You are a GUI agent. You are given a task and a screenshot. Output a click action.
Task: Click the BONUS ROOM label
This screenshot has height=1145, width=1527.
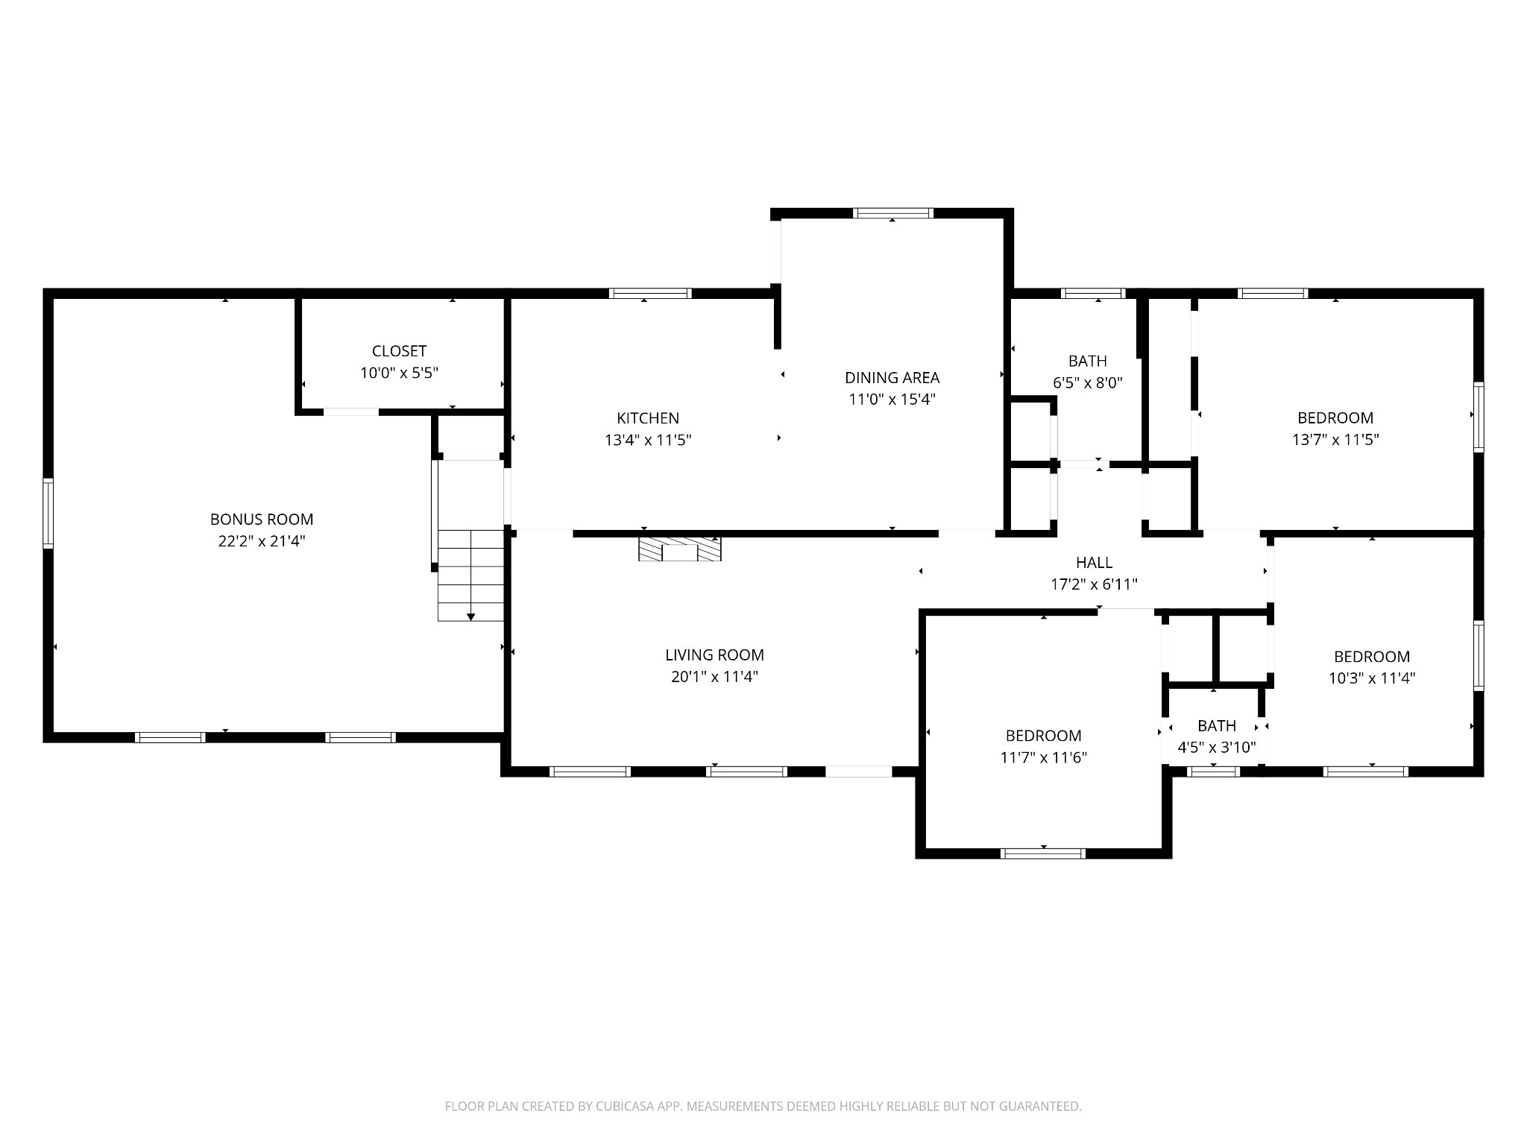click(262, 519)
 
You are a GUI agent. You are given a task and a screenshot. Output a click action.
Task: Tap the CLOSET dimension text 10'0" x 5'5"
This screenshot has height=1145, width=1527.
click(399, 373)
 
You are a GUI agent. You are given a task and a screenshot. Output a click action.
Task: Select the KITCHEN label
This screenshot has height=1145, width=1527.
click(648, 418)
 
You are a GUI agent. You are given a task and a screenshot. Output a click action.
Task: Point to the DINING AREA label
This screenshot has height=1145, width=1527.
click(892, 378)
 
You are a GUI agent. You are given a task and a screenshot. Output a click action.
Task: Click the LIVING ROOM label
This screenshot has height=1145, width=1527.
click(714, 655)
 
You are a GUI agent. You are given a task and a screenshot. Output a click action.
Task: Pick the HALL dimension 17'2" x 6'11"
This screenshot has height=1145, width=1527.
click(1094, 584)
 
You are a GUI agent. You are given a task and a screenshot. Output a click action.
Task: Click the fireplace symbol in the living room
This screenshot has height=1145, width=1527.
click(680, 549)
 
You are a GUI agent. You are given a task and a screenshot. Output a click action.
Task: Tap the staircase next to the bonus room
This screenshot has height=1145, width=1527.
click(470, 575)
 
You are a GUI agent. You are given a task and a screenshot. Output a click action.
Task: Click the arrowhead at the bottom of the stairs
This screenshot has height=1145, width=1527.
click(470, 616)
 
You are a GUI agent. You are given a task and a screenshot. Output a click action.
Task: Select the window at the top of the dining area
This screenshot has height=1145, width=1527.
click(893, 213)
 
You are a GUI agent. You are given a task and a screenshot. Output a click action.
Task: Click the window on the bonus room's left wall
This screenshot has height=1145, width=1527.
click(48, 513)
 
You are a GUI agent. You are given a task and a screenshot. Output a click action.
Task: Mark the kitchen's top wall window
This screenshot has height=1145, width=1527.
click(650, 293)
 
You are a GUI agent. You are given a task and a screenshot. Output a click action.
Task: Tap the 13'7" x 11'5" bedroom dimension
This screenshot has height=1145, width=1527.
click(1335, 440)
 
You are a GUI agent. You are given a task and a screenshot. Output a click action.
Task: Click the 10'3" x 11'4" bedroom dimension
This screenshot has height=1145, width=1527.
click(1372, 678)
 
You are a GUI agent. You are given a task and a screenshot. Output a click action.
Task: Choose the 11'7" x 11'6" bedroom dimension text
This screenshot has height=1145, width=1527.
click(1043, 757)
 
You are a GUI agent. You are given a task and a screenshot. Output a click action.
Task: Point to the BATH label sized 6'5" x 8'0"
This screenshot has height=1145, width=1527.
click(1088, 362)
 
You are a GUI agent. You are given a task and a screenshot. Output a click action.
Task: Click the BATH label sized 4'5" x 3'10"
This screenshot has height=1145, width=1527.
click(1217, 726)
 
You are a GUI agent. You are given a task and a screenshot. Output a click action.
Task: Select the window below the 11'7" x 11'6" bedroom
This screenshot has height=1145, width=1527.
click(1043, 854)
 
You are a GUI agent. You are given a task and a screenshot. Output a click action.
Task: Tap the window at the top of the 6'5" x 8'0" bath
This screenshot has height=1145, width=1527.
click(1094, 293)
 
